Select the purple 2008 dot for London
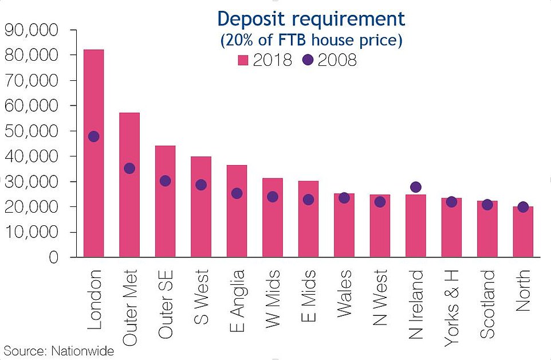(93, 136)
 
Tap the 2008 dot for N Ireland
(416, 187)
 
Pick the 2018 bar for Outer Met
(129, 218)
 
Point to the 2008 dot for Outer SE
(165, 181)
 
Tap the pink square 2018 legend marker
(242, 60)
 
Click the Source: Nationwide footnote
(58, 351)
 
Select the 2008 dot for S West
(201, 185)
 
